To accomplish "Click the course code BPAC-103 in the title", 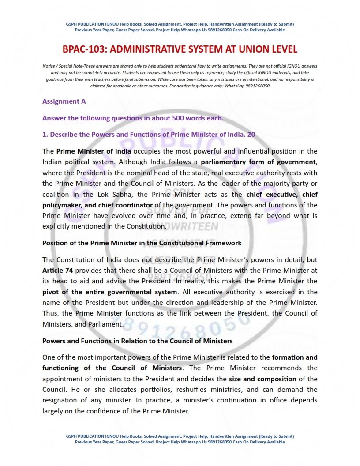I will tap(82, 49).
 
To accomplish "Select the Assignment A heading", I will tap(64, 101).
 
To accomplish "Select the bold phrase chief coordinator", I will tap(128, 205).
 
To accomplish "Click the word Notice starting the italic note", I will tap(49, 66).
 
